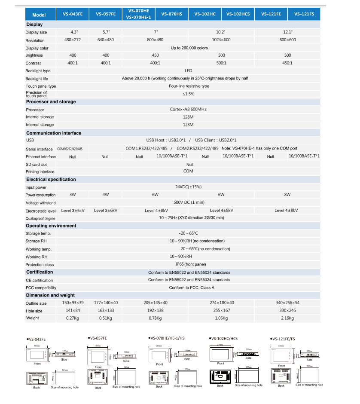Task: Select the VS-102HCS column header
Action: click(x=238, y=14)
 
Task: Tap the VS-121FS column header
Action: click(x=304, y=14)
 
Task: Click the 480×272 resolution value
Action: click(x=73, y=40)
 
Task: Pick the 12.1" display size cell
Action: click(x=287, y=32)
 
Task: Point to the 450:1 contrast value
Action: click(x=287, y=63)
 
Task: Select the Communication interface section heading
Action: click(x=54, y=133)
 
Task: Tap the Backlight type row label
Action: click(x=38, y=71)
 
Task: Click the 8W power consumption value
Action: click(x=287, y=195)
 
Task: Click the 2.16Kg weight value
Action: click(x=287, y=318)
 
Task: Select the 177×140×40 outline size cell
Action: click(x=105, y=303)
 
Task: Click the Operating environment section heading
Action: click(x=51, y=226)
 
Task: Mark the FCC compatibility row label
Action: click(x=41, y=288)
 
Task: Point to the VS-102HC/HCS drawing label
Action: click(x=223, y=339)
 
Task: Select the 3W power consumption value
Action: click(x=73, y=195)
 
